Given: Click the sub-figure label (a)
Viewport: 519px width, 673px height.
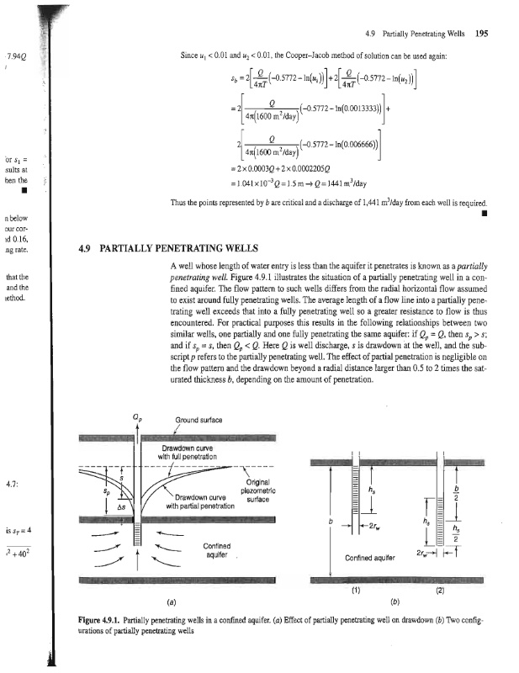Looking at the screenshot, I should (x=172, y=601).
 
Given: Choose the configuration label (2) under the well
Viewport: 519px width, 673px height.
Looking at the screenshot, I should (x=441, y=589).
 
